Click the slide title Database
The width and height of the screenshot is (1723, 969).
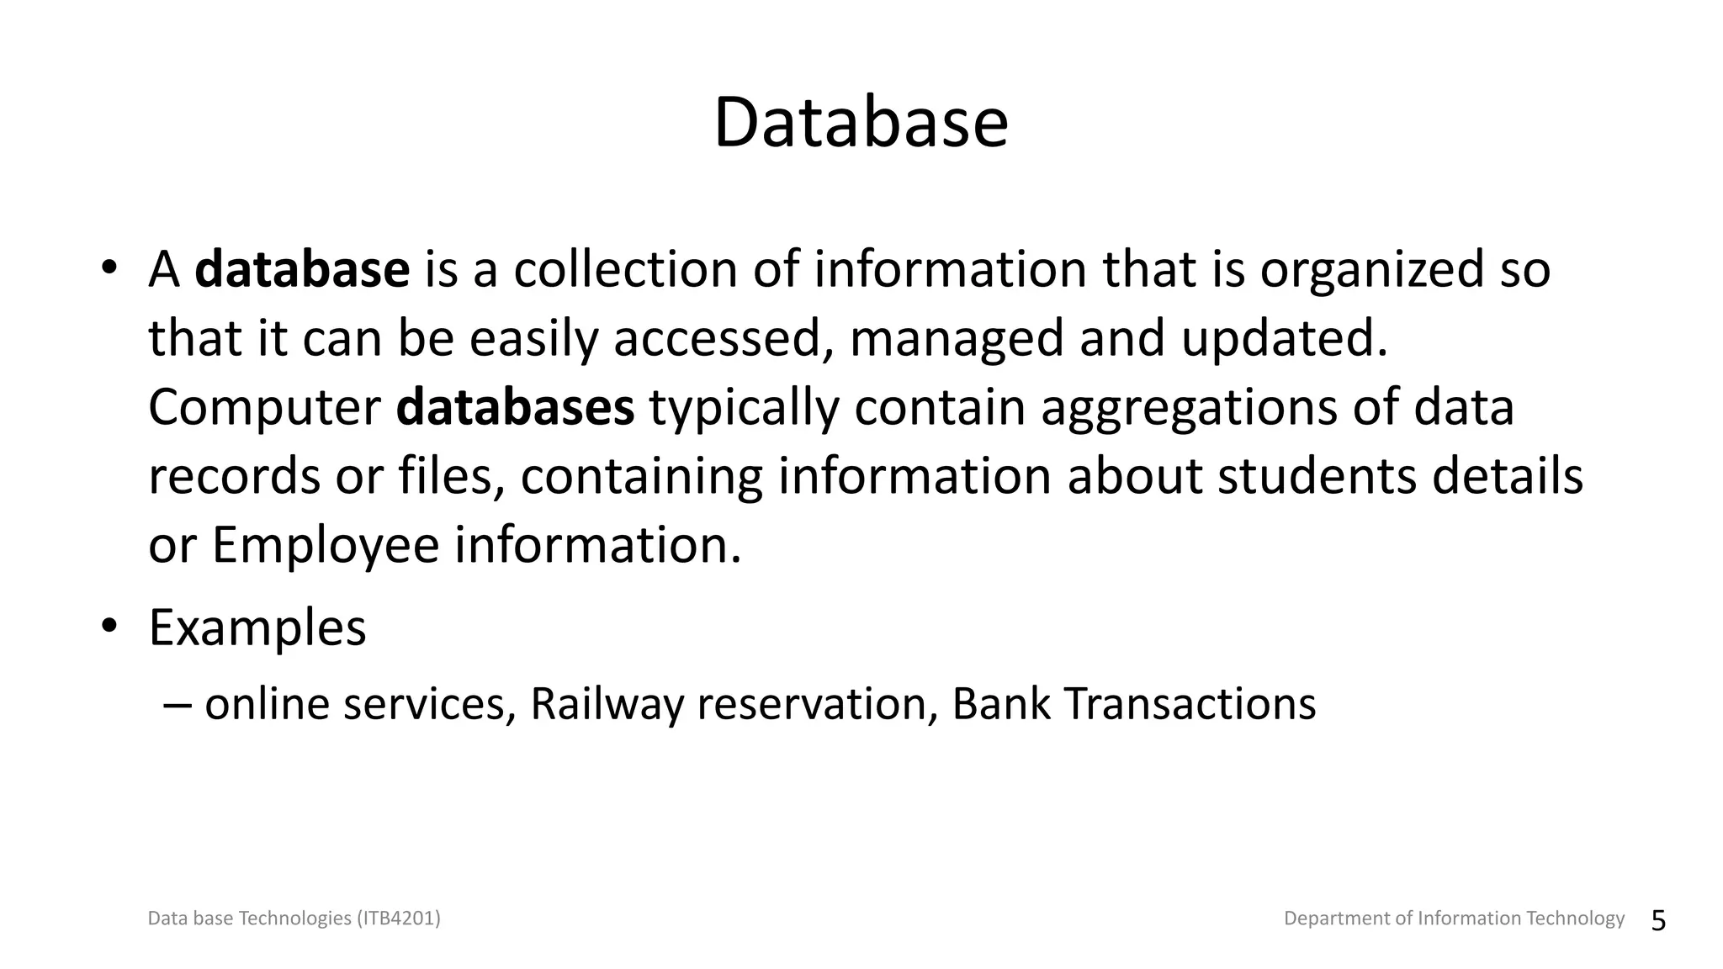(861, 124)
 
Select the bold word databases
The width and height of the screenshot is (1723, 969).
(515, 407)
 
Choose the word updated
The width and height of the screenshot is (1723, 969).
(1284, 340)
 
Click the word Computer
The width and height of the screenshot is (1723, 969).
(264, 409)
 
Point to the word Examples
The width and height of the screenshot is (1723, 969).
(257, 628)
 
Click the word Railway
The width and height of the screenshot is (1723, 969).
(607, 704)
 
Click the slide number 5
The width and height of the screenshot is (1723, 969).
(1658, 921)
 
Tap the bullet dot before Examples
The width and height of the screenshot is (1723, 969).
(109, 626)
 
